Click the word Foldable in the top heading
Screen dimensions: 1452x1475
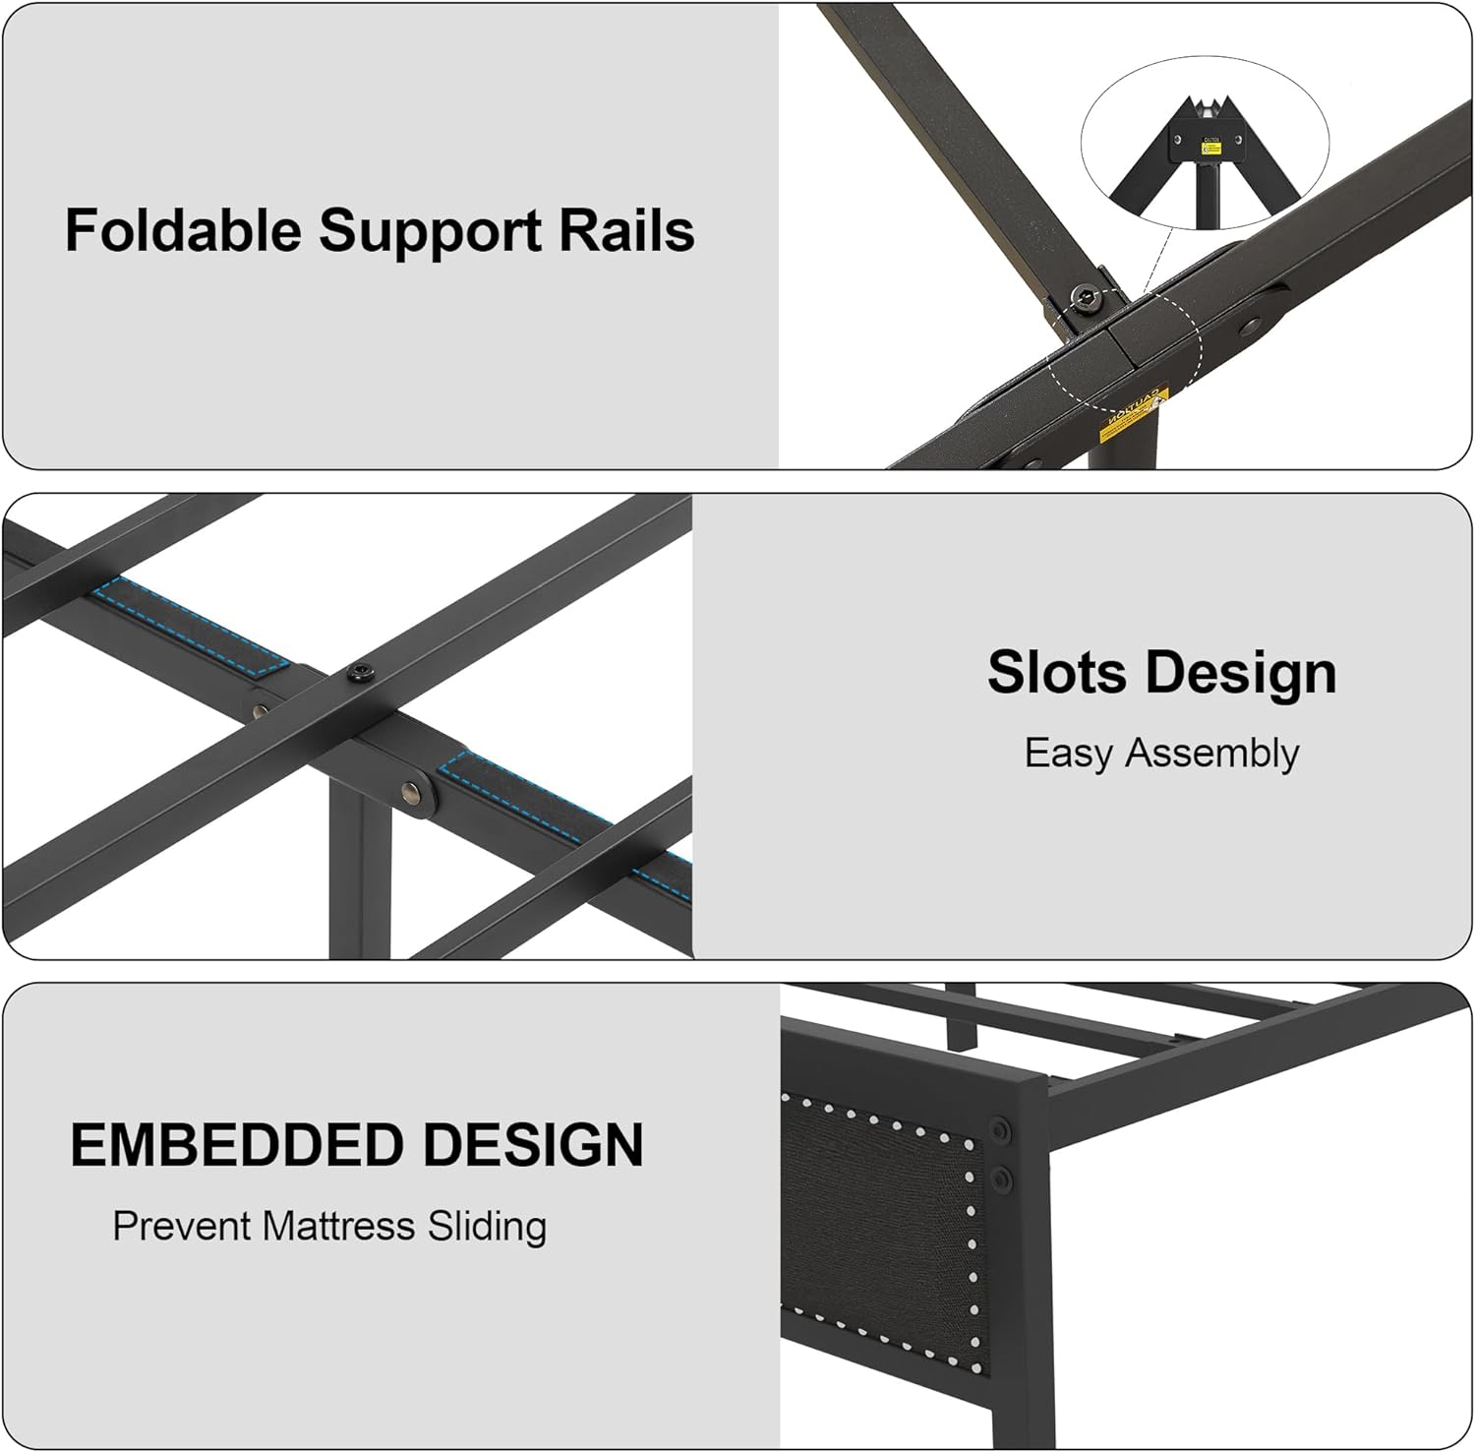[x=183, y=231]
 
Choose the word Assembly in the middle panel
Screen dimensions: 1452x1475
[x=1211, y=755]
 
